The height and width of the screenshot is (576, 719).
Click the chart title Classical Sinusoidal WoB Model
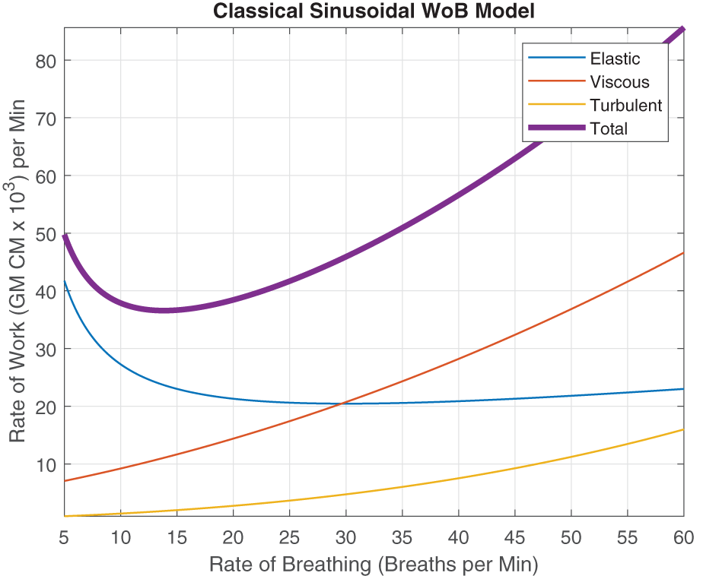click(x=373, y=11)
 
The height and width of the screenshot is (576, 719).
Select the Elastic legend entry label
click(x=615, y=59)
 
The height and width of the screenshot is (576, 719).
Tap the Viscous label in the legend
click(x=619, y=82)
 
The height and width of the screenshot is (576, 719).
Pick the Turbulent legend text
click(x=625, y=105)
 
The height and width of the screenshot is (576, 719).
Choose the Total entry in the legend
click(x=609, y=128)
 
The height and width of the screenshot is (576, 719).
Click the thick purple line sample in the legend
click(x=555, y=128)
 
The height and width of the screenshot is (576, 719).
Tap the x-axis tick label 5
click(x=65, y=537)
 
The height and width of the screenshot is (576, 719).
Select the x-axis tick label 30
click(x=345, y=537)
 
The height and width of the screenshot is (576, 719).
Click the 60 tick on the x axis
click(x=683, y=537)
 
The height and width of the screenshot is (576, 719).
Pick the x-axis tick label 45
click(x=514, y=537)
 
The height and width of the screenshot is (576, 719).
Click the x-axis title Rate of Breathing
click(x=374, y=564)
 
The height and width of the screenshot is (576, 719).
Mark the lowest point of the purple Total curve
click(x=164, y=310)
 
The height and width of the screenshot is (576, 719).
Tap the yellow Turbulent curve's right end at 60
click(x=683, y=429)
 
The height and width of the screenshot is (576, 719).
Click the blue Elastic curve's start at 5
click(x=65, y=281)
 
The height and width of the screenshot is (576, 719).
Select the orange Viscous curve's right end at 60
click(x=683, y=253)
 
